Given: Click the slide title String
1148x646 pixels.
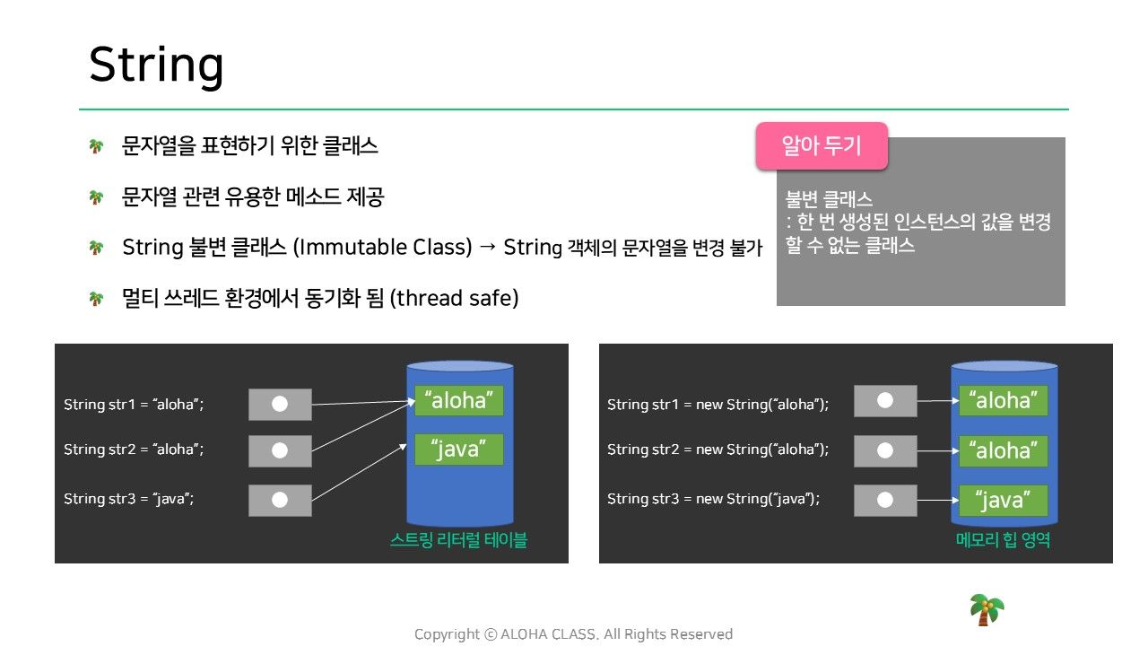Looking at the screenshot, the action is (156, 65).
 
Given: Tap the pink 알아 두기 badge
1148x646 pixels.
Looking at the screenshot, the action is (822, 145).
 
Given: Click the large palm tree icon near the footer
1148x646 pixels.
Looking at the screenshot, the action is (987, 609).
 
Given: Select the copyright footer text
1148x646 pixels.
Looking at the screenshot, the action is (573, 634).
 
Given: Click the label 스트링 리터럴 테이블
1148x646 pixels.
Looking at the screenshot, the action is (458, 540).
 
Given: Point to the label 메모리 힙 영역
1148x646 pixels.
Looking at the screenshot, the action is (1003, 540).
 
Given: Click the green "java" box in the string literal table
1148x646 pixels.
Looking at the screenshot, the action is (458, 450).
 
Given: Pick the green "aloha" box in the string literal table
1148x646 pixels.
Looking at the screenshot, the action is (458, 400).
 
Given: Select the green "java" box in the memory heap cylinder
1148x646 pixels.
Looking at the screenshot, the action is (1003, 500).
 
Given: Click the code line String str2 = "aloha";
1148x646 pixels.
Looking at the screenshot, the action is (134, 450).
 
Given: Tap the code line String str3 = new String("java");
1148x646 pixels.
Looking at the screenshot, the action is (713, 499).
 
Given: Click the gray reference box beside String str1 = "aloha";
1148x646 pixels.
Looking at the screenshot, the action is (280, 404).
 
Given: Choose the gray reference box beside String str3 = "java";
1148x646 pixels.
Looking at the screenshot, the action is (280, 500).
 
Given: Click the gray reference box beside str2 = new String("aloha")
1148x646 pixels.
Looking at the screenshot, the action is (885, 450).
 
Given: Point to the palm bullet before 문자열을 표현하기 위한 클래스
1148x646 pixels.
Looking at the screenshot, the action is (96, 146).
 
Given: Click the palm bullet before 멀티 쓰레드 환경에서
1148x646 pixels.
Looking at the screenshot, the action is (96, 299).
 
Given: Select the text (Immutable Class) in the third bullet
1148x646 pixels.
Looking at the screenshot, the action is (382, 248).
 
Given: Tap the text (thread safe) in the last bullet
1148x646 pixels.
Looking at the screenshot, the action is (454, 299).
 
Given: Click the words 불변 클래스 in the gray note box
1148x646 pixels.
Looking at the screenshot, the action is (829, 199).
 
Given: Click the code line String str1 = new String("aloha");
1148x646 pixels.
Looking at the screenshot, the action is (718, 405).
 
